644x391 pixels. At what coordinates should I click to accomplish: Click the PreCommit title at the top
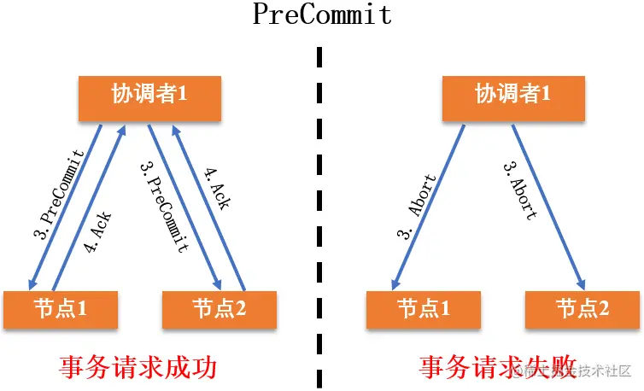pyautogui.click(x=322, y=15)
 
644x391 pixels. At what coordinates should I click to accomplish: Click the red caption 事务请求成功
pyautogui.click(x=138, y=367)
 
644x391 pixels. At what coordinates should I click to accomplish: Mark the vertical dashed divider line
pyautogui.click(x=320, y=213)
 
